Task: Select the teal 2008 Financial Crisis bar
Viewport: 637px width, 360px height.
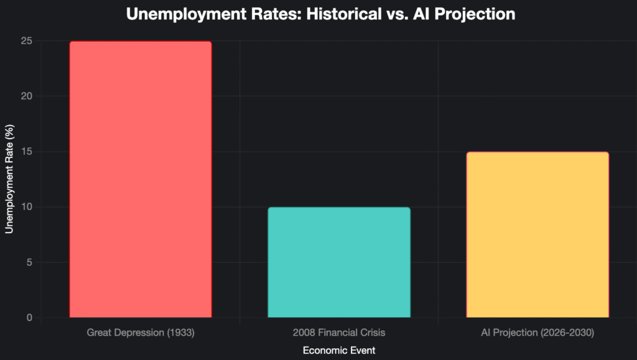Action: (339, 262)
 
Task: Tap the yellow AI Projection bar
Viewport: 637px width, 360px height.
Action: (537, 234)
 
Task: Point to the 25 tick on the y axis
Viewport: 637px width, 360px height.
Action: (26, 42)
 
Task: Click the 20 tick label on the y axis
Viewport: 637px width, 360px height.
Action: (26, 96)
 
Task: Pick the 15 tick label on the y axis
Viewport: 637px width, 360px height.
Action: (26, 152)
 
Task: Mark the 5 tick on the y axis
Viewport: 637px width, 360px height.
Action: (29, 262)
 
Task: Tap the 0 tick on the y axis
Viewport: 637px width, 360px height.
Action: (29, 318)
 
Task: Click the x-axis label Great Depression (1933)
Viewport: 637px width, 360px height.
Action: (140, 333)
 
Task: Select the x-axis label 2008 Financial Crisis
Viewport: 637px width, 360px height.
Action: (339, 333)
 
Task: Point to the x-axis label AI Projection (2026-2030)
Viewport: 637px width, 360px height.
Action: (537, 333)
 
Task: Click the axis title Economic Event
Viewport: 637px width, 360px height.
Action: (339, 350)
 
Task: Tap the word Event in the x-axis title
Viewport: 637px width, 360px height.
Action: (363, 350)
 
